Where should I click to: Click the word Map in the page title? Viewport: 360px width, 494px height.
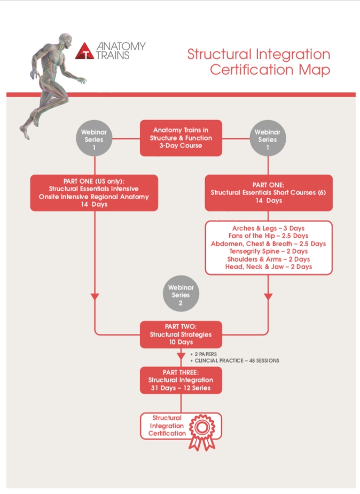coord(317,70)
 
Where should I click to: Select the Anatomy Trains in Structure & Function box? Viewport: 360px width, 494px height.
coord(181,138)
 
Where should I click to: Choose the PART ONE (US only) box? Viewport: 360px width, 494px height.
coord(94,192)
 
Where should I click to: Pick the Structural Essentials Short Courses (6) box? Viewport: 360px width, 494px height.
coord(269,192)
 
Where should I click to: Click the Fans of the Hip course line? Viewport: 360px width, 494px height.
coord(268,236)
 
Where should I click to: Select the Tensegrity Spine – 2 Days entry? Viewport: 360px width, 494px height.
coord(268,251)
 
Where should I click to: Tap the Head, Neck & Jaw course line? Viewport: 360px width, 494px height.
coord(268,266)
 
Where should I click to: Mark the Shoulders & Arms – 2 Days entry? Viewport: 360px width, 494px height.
coord(268,258)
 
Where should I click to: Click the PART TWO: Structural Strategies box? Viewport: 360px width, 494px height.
coord(181,334)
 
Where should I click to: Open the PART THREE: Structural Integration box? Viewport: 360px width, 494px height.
coord(181,380)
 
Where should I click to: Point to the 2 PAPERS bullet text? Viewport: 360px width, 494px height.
coord(206,354)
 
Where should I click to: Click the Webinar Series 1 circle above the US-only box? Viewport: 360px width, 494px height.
coord(94,138)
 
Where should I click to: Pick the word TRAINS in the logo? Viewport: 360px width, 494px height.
coord(113,54)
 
